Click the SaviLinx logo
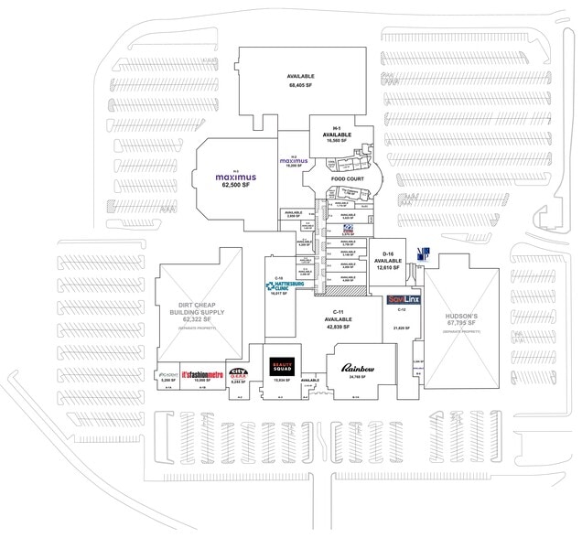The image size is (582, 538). [403, 299]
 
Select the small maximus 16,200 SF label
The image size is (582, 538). [294, 162]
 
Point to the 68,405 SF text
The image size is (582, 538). [301, 84]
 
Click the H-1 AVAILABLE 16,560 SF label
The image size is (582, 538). [337, 134]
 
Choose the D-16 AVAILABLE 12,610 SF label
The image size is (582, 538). [388, 261]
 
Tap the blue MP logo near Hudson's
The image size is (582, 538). [422, 262]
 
